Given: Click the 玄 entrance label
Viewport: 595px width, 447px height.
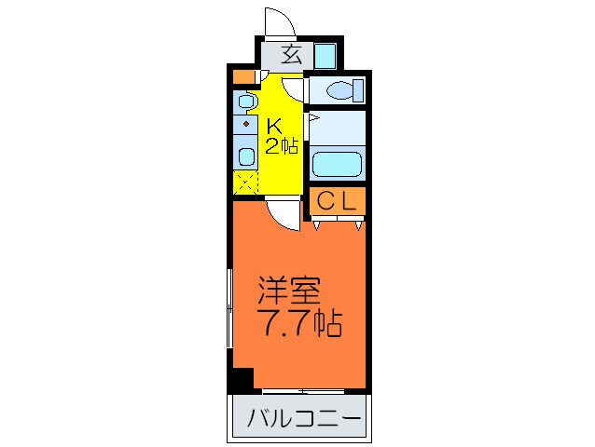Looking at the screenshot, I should coord(291,55).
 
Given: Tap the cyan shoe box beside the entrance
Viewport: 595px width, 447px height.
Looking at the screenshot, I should coord(324,55).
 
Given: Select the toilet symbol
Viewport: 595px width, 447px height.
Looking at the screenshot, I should coord(337,91).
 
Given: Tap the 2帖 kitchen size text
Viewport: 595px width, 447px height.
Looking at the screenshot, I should coord(281,145).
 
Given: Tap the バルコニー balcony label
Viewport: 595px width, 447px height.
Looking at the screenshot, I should coord(303,420).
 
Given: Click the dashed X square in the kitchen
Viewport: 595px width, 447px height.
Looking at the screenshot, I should coord(246,183).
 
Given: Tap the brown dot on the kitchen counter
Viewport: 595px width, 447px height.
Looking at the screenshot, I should coord(246,123).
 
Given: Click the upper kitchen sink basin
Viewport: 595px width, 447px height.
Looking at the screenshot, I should coord(245,101).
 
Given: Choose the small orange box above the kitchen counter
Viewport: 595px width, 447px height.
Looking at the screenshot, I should coord(242,76).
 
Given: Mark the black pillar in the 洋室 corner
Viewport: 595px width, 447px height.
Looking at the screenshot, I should coord(242,379).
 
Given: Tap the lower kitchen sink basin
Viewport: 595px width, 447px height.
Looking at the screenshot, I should coord(246,155).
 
